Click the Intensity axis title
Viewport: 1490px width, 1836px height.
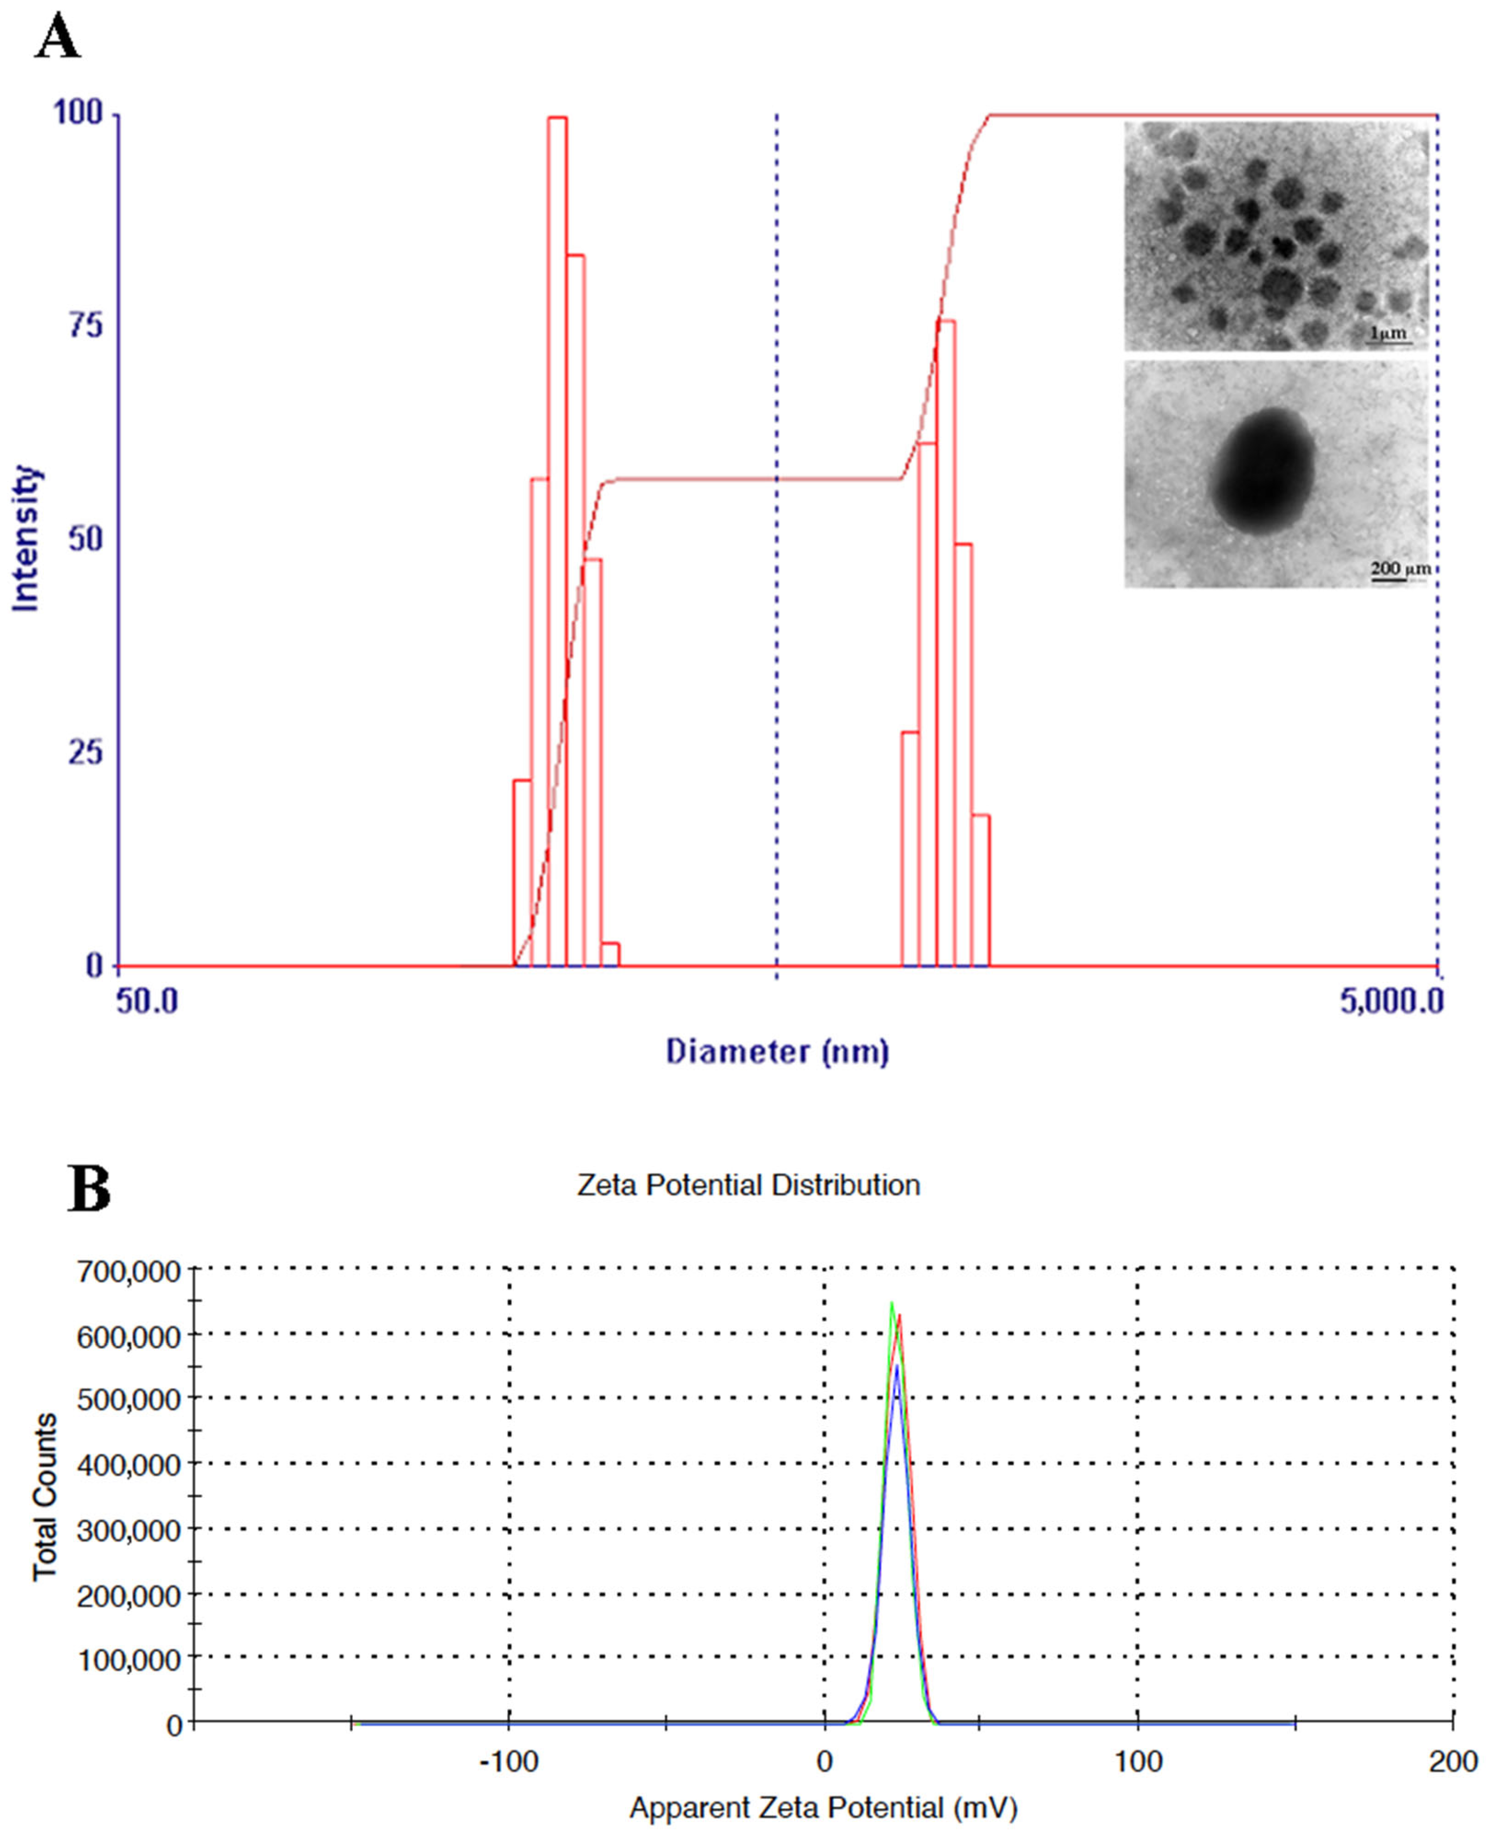(26, 539)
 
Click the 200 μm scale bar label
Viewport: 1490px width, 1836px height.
(1399, 568)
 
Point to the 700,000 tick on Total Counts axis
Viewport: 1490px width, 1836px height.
(129, 1271)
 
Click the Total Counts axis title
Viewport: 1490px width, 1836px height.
(44, 1496)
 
